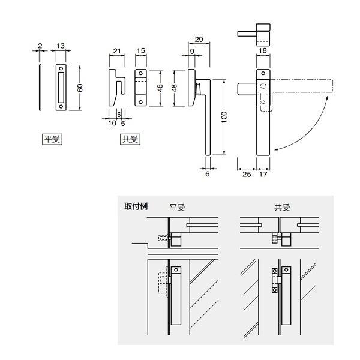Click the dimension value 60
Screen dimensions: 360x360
(80, 88)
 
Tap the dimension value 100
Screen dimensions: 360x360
(224, 117)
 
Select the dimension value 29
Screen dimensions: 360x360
(199, 40)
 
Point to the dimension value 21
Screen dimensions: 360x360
(117, 51)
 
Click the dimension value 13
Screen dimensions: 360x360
(61, 46)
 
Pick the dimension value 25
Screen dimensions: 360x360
(247, 174)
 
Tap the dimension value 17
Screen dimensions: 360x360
(263, 174)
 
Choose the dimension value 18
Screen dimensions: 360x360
(263, 50)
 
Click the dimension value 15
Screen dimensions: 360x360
(141, 51)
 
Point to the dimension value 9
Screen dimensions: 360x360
(192, 52)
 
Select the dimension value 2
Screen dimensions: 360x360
(40, 46)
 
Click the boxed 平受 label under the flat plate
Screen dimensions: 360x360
(52, 139)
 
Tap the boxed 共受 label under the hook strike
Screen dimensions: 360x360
(130, 139)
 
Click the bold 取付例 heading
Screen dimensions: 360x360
(136, 206)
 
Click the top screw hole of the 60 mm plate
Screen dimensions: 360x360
(61, 68)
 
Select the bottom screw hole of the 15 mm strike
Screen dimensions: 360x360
(141, 102)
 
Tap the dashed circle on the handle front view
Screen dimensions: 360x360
(263, 86)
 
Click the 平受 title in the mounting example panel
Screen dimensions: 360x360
(177, 208)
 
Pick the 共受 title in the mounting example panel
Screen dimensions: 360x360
(282, 208)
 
